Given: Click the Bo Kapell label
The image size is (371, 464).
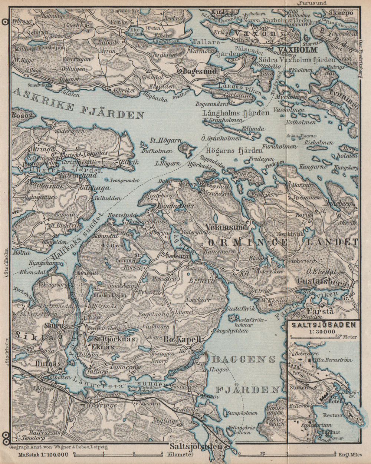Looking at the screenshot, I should tap(182, 339).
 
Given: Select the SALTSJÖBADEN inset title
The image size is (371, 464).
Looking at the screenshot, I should tap(324, 325).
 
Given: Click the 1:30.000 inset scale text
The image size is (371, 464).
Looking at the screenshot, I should tap(324, 331).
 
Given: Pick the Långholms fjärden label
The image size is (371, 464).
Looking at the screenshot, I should tap(236, 113).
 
